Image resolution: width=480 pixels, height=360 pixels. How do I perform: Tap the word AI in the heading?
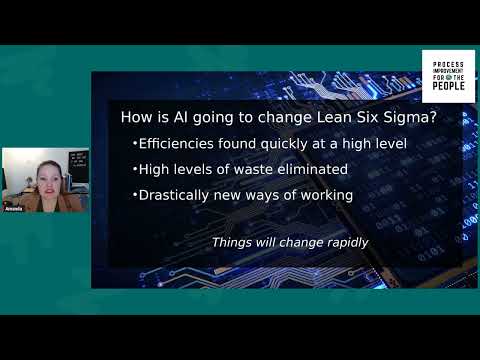189,117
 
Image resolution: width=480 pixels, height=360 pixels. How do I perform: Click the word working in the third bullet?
324,195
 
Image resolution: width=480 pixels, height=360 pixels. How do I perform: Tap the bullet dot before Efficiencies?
135,145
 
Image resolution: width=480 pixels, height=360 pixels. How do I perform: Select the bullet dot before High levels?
135,170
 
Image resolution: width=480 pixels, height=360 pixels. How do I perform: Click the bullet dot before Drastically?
135,196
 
